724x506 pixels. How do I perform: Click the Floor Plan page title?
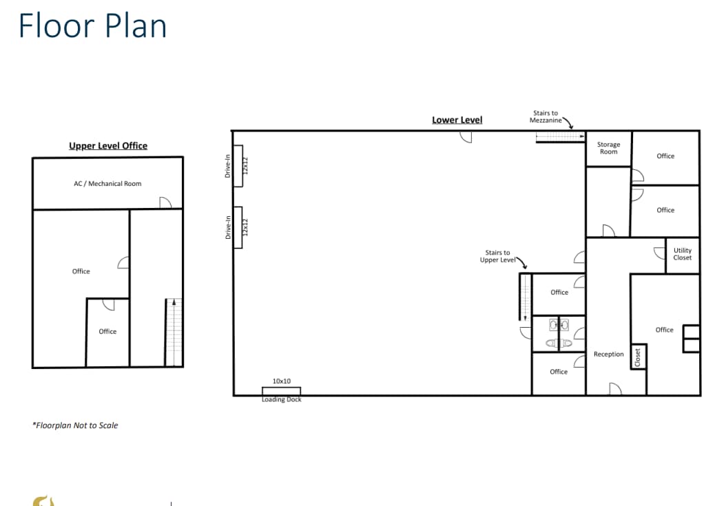pyautogui.click(x=92, y=26)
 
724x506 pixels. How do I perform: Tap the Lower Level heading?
pyautogui.click(x=457, y=120)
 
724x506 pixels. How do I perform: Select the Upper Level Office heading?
pyautogui.click(x=108, y=146)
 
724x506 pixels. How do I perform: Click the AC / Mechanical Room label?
pyautogui.click(x=107, y=184)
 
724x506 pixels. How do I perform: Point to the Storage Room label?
pyautogui.click(x=608, y=148)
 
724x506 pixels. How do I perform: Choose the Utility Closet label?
pyautogui.click(x=682, y=254)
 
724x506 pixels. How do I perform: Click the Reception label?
pyautogui.click(x=608, y=355)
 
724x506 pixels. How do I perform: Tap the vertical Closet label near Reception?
pyautogui.click(x=638, y=357)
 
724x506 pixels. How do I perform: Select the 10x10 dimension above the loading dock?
pyautogui.click(x=281, y=381)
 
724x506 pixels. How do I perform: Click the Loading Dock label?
pyautogui.click(x=281, y=400)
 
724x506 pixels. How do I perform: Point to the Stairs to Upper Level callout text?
pyautogui.click(x=497, y=256)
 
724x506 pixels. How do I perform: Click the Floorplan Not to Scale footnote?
pyautogui.click(x=75, y=425)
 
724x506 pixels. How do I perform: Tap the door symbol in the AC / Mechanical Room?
pyautogui.click(x=165, y=202)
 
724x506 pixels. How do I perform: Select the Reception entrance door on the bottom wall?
pyautogui.click(x=615, y=389)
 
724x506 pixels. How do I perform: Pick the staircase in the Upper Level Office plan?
pyautogui.click(x=174, y=332)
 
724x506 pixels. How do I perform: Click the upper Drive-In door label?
pyautogui.click(x=228, y=166)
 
